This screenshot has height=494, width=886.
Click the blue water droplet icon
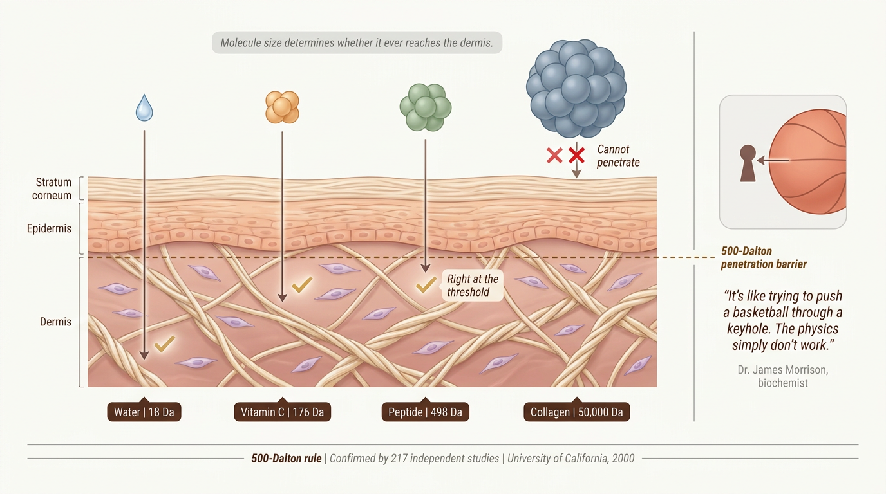(144, 107)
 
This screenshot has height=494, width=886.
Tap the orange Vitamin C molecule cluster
(282, 107)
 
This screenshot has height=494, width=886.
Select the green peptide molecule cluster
(425, 107)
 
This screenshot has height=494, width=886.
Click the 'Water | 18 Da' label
(144, 412)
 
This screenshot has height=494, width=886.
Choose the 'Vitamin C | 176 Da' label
(282, 412)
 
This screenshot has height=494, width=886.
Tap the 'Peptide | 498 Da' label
(425, 412)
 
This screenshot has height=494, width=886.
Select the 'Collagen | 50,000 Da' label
(576, 412)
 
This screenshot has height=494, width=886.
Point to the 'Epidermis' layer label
(49, 228)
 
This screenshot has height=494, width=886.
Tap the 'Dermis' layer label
(56, 322)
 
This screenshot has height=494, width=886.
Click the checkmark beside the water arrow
(165, 344)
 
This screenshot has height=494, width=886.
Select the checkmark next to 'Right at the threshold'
(426, 285)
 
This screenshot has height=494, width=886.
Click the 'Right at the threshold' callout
(472, 286)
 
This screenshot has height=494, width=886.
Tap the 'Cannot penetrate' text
(618, 156)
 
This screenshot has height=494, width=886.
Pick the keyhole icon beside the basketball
(748, 163)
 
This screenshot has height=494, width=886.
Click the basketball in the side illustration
(807, 161)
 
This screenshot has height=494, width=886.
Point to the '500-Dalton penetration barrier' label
(764, 257)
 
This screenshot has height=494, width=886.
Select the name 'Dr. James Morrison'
(783, 370)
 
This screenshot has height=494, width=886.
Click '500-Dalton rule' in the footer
(287, 459)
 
